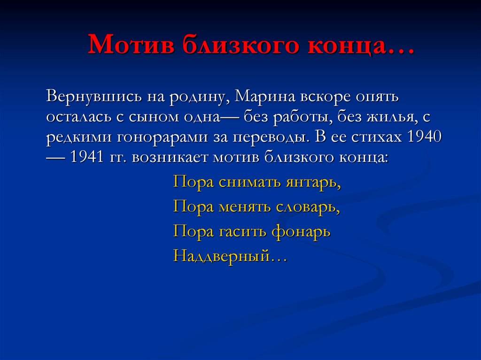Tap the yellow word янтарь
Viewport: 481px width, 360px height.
click(313, 182)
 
